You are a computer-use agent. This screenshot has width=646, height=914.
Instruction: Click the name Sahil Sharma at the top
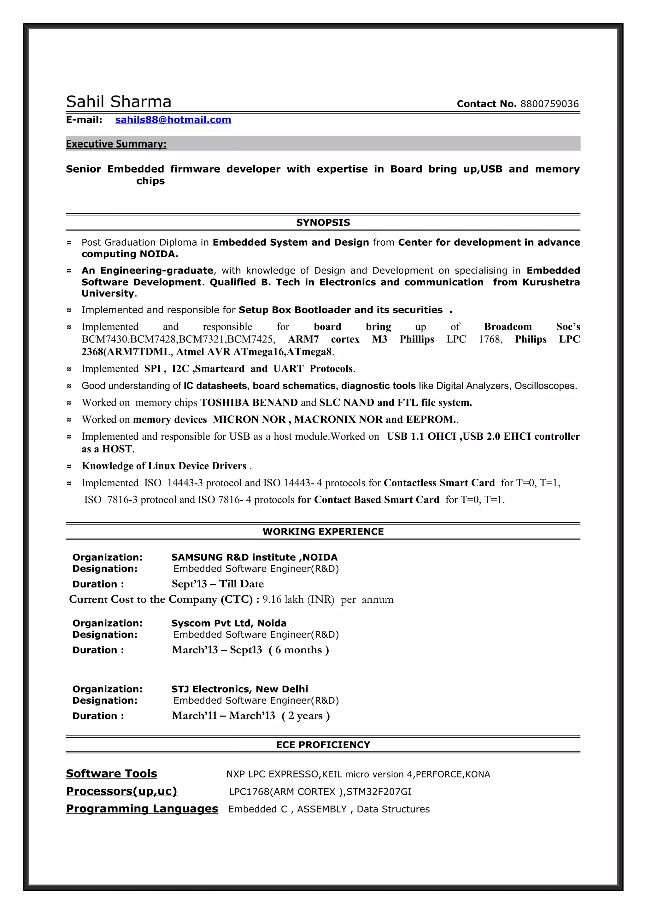(x=119, y=102)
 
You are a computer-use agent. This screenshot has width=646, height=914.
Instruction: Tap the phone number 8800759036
(x=549, y=104)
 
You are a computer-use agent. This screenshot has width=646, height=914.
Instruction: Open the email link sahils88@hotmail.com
(x=173, y=120)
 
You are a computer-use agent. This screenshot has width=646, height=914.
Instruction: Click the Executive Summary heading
(x=116, y=144)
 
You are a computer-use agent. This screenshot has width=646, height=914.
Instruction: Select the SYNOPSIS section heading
(x=323, y=223)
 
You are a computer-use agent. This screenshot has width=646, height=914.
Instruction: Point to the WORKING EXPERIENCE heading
(x=323, y=531)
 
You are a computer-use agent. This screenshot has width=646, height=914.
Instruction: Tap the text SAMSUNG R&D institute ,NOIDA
(x=254, y=557)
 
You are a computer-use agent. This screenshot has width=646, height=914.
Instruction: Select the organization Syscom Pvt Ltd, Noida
(x=229, y=623)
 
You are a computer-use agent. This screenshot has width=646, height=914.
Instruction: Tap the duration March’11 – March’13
(x=223, y=716)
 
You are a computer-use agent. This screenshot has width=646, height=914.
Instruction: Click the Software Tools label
(x=111, y=773)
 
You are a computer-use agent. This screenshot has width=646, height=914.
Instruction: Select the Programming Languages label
(x=142, y=809)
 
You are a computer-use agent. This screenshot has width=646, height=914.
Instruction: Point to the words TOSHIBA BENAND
(x=249, y=402)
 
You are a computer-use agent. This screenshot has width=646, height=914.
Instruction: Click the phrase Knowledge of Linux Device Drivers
(x=164, y=466)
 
